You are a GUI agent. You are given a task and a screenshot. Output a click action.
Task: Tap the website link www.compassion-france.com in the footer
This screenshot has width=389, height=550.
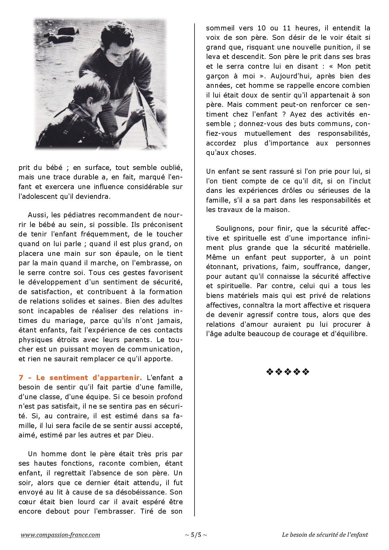61,535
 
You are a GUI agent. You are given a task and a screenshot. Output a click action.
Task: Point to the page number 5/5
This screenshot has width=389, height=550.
196,535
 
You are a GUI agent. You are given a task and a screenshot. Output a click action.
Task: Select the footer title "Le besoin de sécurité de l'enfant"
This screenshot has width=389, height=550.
325,535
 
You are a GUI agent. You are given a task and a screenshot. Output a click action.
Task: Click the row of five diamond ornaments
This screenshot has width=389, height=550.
288,372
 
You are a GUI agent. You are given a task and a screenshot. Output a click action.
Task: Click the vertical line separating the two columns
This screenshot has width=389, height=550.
194,270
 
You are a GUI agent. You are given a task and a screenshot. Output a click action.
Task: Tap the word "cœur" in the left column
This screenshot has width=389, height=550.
27,502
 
